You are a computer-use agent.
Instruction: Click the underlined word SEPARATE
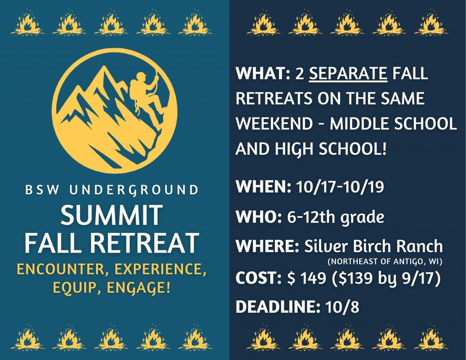(348, 73)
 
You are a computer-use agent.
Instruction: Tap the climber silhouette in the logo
(146, 98)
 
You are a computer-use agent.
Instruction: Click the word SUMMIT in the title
(111, 215)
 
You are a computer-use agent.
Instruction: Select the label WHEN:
(263, 187)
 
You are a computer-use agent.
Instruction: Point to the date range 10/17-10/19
(340, 187)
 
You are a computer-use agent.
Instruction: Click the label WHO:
(258, 217)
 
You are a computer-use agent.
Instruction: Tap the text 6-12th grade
(335, 218)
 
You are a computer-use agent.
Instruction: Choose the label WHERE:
(267, 246)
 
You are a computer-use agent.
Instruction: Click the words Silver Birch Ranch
(374, 246)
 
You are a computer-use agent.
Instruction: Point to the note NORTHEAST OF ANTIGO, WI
(385, 262)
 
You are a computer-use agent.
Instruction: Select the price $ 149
(306, 278)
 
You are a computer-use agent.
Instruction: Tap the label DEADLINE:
(278, 307)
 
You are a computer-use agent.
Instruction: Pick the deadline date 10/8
(342, 307)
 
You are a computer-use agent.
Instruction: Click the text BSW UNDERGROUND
(112, 190)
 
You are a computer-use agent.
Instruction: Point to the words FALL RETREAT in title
(111, 243)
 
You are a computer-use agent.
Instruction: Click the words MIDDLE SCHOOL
(393, 124)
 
